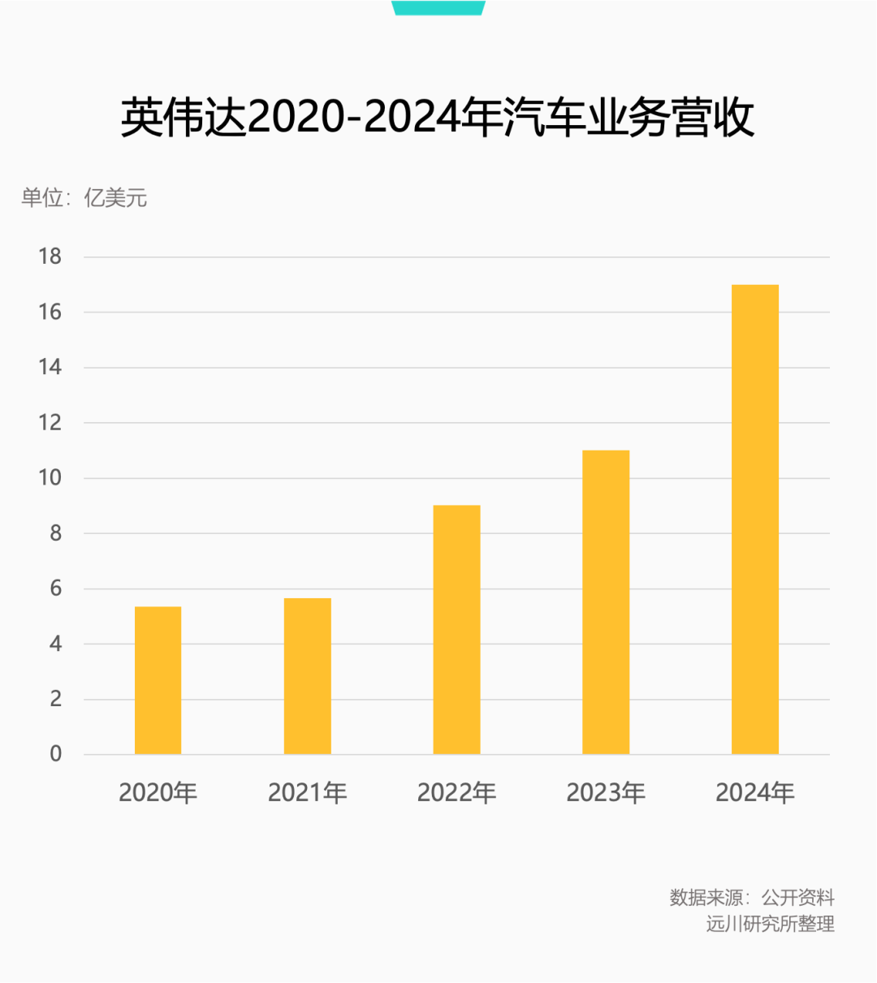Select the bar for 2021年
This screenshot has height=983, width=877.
(307, 676)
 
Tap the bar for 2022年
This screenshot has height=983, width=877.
(456, 630)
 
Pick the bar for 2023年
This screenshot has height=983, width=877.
(606, 602)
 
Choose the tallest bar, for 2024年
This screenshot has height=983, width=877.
(755, 520)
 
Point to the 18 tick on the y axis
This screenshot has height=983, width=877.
(50, 257)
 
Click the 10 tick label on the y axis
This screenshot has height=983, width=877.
(50, 477)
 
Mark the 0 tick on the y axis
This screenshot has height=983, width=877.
(55, 754)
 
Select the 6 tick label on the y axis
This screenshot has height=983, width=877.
(55, 589)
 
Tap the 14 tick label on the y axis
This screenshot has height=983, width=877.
(50, 367)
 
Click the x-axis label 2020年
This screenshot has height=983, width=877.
(158, 792)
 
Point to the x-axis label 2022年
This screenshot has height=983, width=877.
(456, 792)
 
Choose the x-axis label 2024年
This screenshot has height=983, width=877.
(755, 792)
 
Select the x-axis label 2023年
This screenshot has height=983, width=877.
(606, 792)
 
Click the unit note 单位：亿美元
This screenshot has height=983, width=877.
(84, 198)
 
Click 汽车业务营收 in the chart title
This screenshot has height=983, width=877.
(629, 119)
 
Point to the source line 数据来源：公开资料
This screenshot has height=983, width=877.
(752, 897)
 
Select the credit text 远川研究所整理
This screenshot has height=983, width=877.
(770, 924)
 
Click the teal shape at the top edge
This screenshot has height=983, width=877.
(438, 7)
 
